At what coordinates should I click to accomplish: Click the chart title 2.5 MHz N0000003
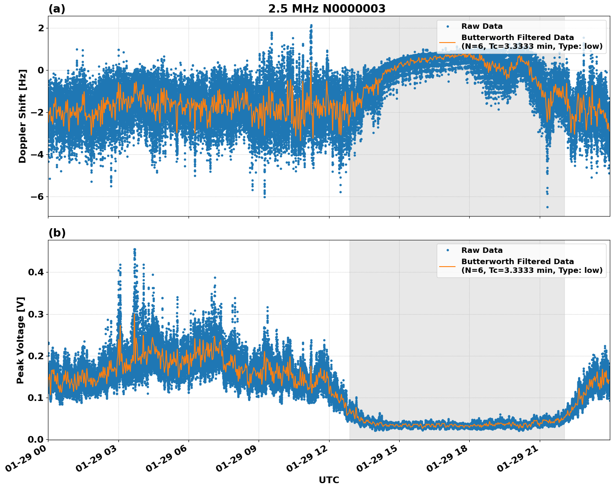pos(327,9)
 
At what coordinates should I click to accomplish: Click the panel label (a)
pos(57,9)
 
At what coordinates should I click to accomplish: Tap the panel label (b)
pos(57,233)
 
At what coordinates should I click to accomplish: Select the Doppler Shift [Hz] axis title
pos(23,116)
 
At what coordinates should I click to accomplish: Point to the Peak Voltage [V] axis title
pos(20,340)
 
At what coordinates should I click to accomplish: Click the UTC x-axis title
pos(329,480)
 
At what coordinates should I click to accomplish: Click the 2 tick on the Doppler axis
pos(41,28)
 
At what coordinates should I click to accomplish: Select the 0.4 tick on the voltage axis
pos(36,272)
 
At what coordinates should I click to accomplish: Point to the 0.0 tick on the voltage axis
pos(36,439)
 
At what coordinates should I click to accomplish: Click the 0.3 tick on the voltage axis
pos(36,314)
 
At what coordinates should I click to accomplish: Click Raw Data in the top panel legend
pos(482,26)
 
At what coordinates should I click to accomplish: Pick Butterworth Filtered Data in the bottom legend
pos(517,262)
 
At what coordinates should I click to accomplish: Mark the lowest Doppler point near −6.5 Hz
pos(547,207)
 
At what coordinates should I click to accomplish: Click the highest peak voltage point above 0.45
pos(135,250)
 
